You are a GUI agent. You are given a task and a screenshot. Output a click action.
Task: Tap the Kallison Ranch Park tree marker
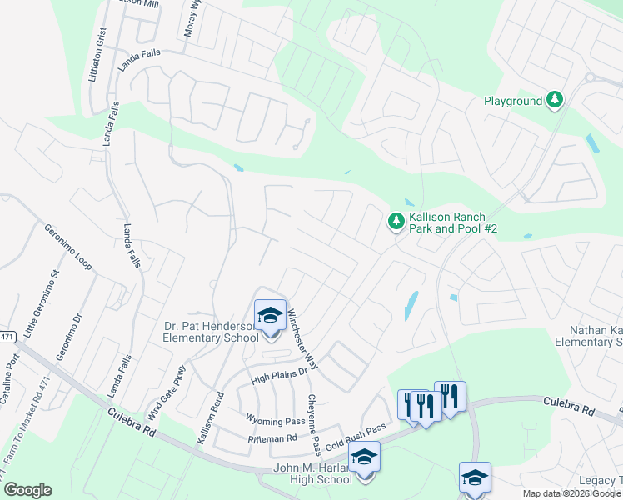[396, 222]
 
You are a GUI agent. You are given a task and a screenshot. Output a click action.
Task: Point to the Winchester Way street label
[303, 339]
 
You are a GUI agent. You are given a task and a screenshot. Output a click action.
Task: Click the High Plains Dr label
[279, 377]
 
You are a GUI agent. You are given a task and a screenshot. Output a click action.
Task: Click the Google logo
[27, 490]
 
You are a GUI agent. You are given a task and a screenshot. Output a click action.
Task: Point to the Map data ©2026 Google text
[571, 493]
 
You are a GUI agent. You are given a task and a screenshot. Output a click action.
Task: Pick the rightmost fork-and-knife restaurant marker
[450, 397]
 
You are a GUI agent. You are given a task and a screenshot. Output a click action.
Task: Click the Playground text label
[513, 102]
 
